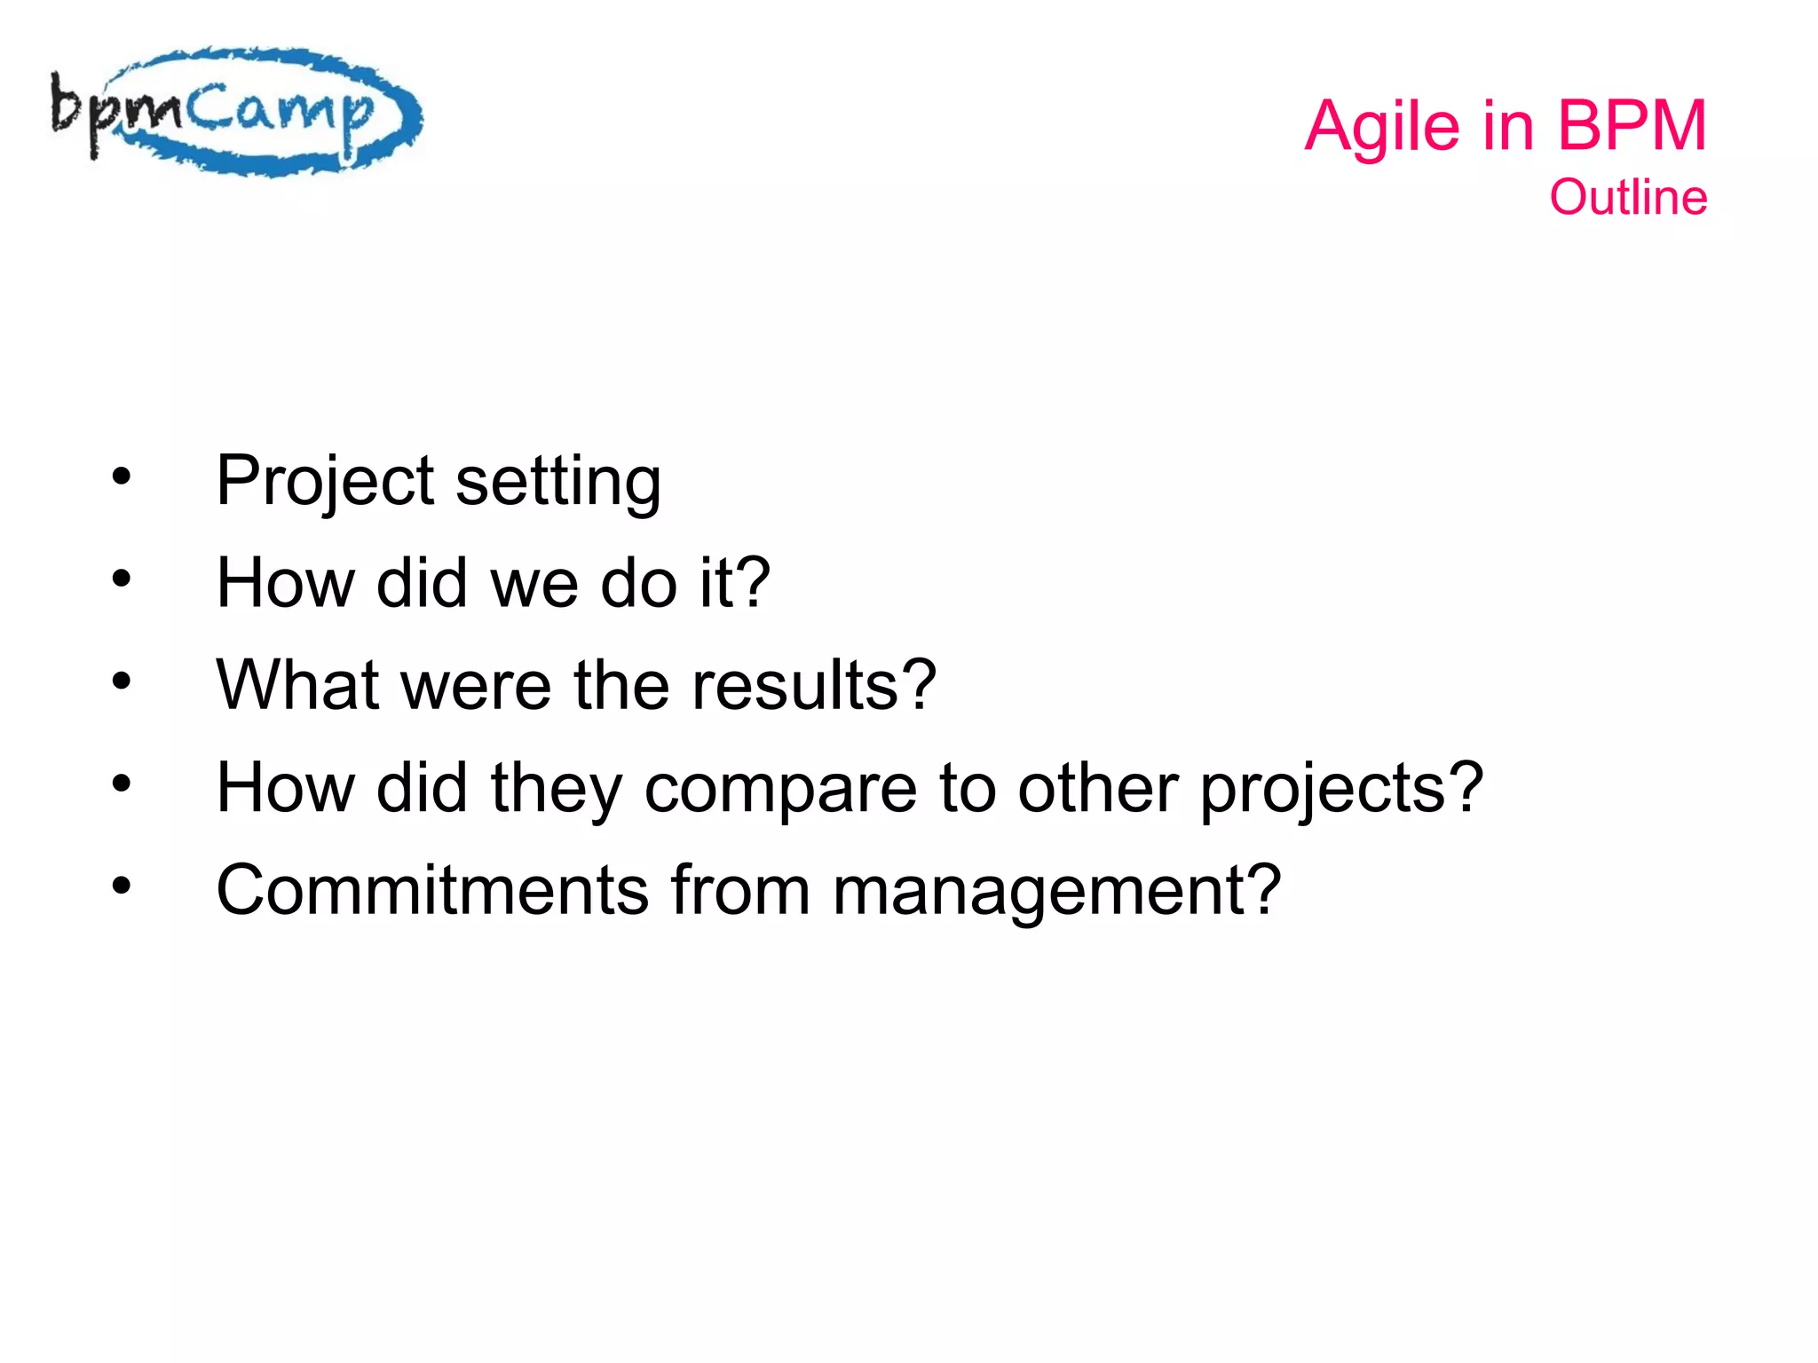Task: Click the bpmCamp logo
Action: click(235, 112)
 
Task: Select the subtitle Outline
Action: click(1627, 197)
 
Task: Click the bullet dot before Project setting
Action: click(122, 477)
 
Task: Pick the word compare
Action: click(779, 788)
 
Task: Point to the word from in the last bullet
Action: click(740, 890)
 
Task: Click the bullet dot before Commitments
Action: click(122, 886)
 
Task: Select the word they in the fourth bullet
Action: click(556, 788)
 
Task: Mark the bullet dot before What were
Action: click(122, 681)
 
